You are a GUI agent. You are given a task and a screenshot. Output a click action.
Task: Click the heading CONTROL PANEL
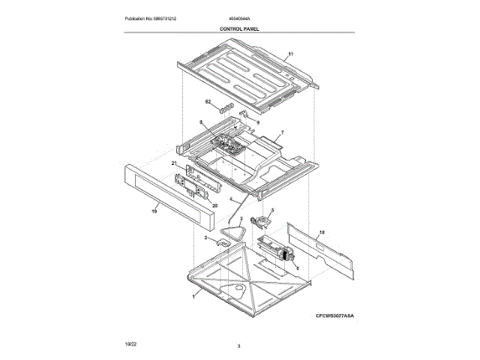239,28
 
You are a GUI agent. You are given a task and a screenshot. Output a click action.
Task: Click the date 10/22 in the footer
130,342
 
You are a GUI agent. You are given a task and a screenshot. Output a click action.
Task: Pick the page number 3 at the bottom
238,346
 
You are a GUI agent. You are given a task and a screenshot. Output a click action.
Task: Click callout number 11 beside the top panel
291,54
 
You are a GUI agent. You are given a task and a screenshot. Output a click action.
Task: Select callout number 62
208,100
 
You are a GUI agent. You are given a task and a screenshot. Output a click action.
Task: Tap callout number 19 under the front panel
155,212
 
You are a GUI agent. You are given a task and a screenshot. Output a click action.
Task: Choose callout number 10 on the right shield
322,234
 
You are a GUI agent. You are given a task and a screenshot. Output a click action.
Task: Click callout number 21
172,163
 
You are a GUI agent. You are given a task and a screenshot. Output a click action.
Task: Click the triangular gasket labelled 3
238,232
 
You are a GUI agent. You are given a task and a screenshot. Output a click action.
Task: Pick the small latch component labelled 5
262,220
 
